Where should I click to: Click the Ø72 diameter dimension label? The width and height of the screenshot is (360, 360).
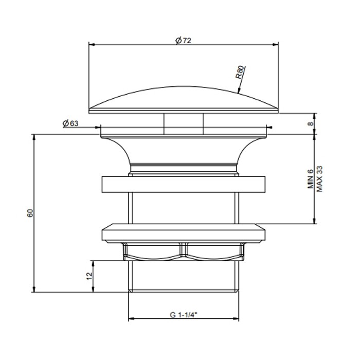183,41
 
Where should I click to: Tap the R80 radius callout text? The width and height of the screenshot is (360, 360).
241,72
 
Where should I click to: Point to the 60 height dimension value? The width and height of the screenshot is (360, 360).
30,213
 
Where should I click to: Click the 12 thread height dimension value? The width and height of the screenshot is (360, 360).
88,276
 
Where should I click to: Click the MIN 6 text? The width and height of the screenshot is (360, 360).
311,180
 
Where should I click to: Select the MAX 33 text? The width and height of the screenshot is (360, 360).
319,179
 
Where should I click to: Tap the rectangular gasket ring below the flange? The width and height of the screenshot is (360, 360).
184,185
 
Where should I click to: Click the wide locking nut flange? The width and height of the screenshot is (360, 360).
184,233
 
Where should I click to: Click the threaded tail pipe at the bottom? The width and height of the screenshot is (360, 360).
184,278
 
